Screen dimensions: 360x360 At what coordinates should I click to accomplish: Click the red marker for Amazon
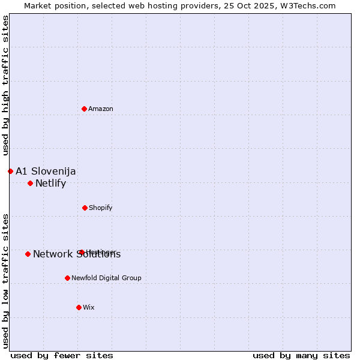point(84,109)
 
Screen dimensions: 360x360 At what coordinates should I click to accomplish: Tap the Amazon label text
point(101,109)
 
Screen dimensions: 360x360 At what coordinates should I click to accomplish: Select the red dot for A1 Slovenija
point(10,171)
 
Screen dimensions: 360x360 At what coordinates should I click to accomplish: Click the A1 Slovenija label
point(46,171)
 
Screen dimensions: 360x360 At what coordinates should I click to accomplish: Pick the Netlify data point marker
point(30,183)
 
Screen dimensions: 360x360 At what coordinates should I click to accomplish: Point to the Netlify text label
point(50,183)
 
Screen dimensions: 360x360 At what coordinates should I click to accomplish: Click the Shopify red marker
point(85,208)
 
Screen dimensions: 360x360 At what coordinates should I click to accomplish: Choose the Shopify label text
point(101,208)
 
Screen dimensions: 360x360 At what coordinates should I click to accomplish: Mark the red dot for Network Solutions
point(28,254)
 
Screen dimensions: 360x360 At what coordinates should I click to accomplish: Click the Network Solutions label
point(77,254)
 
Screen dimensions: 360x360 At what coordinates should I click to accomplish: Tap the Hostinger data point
point(82,252)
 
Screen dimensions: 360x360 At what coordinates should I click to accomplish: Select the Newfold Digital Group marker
point(67,278)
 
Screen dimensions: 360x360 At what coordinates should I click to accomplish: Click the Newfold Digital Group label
point(106,278)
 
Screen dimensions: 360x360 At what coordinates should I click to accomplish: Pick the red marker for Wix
point(79,307)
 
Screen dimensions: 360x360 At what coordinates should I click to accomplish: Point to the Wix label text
point(89,307)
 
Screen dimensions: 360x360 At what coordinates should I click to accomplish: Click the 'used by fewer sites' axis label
point(62,355)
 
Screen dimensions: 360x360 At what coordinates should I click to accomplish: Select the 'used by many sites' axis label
point(301,355)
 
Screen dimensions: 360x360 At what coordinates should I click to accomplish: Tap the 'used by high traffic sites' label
point(5,86)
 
